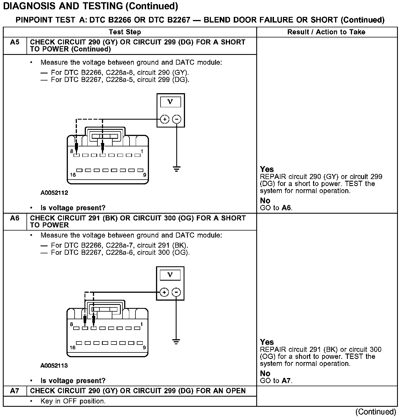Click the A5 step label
[15, 42]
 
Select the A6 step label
[15, 218]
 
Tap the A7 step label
[15, 391]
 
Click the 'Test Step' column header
[125, 32]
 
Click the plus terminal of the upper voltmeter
[165, 119]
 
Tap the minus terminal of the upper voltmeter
[177, 119]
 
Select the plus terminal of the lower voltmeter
[164, 292]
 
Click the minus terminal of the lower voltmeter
[176, 292]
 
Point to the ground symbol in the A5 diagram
[177, 169]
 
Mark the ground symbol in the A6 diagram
[176, 342]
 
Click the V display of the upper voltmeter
[170, 102]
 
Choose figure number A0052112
[54, 193]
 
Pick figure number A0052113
[54, 366]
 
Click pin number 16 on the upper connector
[73, 175]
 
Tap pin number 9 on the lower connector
[144, 348]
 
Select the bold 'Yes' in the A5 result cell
[267, 169]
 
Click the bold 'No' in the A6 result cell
[265, 374]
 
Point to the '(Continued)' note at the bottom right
[376, 412]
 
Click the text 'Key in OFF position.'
[73, 401]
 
